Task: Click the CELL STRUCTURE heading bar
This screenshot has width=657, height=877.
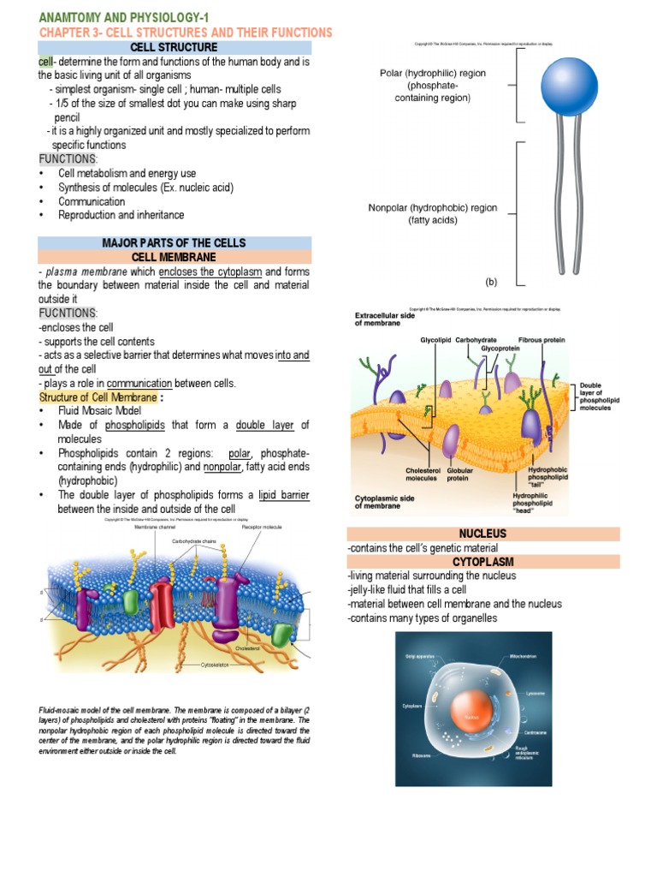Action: pyautogui.click(x=174, y=47)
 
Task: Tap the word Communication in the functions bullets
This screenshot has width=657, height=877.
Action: pyautogui.click(x=92, y=201)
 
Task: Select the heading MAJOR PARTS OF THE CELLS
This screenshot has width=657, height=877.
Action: pyautogui.click(x=174, y=243)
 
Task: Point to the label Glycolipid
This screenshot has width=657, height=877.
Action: pyautogui.click(x=435, y=340)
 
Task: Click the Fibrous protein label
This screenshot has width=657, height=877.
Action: pyautogui.click(x=542, y=340)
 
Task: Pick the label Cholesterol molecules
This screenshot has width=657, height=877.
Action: pyautogui.click(x=420, y=474)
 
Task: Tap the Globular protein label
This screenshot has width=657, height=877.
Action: pyautogui.click(x=460, y=474)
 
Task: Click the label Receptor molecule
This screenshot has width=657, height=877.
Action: pyautogui.click(x=261, y=528)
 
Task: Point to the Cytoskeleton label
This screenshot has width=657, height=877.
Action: pyautogui.click(x=216, y=665)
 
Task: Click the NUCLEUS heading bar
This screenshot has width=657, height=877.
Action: pyautogui.click(x=482, y=534)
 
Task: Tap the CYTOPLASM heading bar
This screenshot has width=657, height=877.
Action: pyautogui.click(x=482, y=561)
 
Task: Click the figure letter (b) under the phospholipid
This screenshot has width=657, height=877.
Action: pyautogui.click(x=492, y=280)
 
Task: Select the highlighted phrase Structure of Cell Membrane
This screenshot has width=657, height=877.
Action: pyautogui.click(x=98, y=397)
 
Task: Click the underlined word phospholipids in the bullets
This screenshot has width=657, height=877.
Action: pyautogui.click(x=133, y=425)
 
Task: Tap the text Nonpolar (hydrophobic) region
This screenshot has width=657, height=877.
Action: pyautogui.click(x=432, y=208)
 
